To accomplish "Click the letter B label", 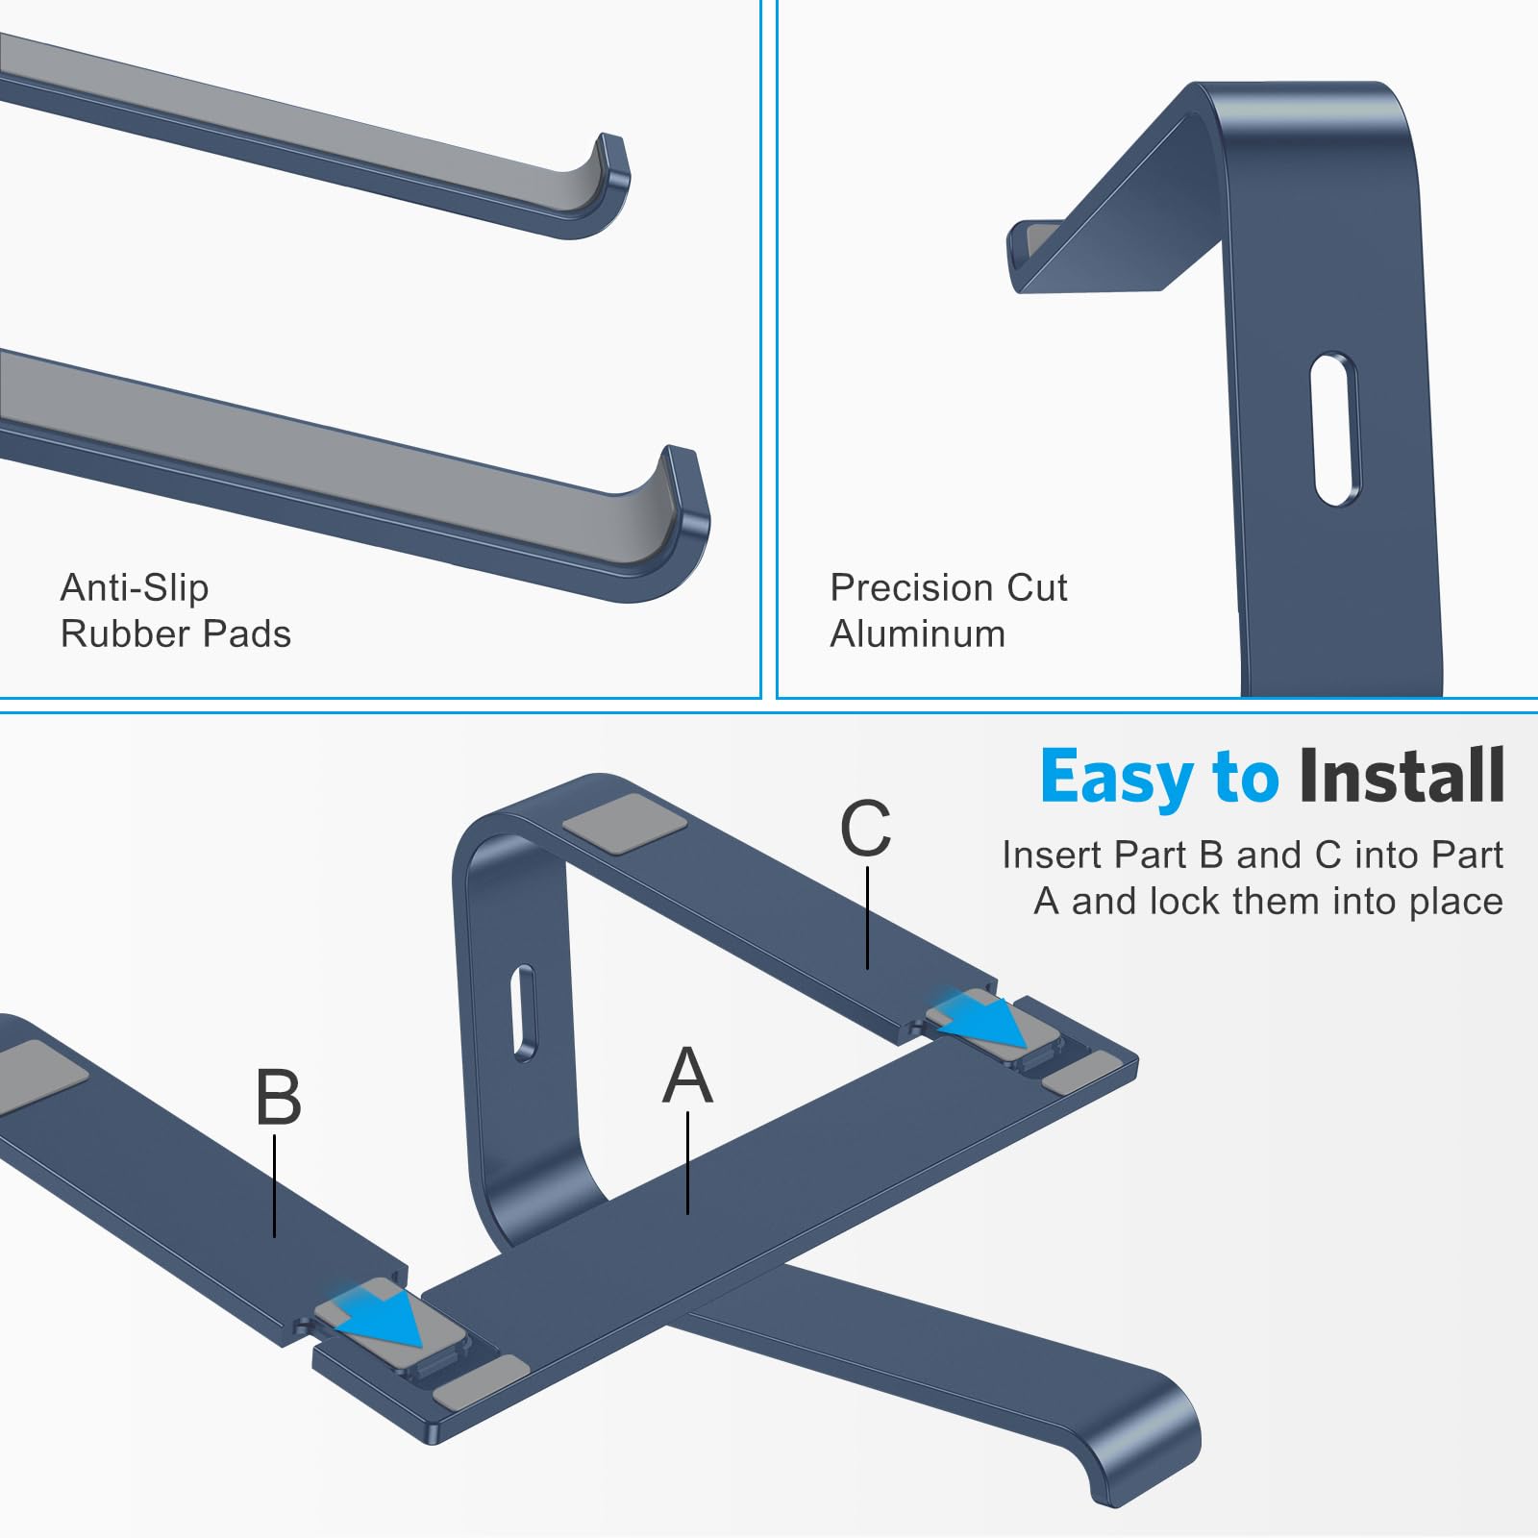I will pos(278,1098).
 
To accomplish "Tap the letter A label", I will pos(687,1076).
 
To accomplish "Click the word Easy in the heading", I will pos(1115,778).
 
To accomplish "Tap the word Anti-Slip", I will pos(134,587).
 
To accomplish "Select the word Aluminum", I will pos(917,634).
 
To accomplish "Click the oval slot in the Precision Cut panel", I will pos(1335,429).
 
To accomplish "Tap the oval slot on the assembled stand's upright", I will pos(524,1013).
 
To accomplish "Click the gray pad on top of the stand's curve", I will pos(624,824).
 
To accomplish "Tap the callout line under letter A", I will pos(688,1162).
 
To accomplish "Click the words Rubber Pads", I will pos(175,634).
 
